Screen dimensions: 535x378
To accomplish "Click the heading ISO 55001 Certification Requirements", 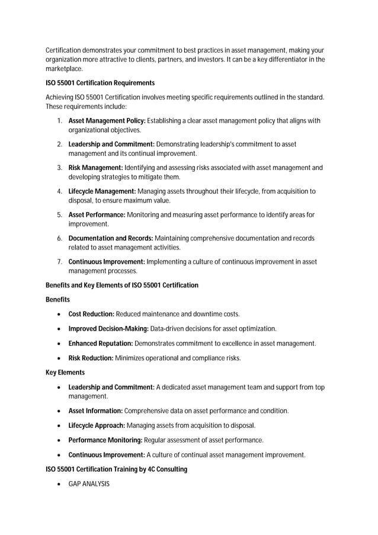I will [100, 83].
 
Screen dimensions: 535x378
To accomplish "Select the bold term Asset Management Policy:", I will [107, 121].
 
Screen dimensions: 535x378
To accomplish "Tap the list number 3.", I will [60, 168].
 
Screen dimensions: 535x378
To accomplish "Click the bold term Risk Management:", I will [95, 168].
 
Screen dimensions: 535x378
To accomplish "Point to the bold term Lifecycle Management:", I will [102, 191].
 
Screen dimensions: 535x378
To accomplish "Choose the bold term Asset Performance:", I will [97, 214].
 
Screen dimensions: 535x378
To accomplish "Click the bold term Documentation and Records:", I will [111, 238].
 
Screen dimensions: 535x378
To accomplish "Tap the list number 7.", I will [60, 261].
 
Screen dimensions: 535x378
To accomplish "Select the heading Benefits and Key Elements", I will [121, 286].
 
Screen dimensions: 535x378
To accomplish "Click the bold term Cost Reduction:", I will [91, 314].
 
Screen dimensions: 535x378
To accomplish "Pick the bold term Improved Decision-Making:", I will [105, 329].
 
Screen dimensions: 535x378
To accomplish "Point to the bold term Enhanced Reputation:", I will [101, 344].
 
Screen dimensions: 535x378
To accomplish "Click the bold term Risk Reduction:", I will [91, 358].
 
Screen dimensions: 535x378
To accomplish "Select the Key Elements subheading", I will [65, 373].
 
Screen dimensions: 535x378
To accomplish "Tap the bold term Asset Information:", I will [95, 411].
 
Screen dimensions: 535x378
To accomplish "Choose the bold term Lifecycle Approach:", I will [97, 425].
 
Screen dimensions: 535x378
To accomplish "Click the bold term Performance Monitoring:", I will [105, 440].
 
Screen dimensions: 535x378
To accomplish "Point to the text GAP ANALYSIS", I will [89, 484].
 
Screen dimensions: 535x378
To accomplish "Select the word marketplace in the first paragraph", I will [64, 69].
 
